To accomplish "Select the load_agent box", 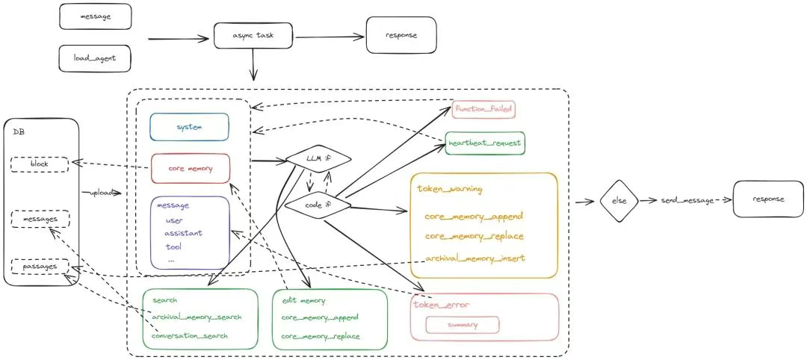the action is (95, 58).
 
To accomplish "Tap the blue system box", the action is (189, 127).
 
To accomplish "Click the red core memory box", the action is (191, 168).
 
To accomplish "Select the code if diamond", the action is (318, 205).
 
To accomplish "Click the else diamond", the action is (619, 201).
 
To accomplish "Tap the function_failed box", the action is (483, 109).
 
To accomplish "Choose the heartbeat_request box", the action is (485, 143).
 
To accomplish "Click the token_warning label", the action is (449, 189).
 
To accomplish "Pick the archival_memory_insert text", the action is (474, 258).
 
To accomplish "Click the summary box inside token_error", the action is (463, 325).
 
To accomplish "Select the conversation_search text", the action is (190, 336).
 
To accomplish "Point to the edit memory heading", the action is (303, 301).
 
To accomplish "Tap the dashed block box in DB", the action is (39, 164).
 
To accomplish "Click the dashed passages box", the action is (39, 267).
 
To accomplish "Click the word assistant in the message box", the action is (183, 233).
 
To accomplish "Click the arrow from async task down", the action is (253, 65).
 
